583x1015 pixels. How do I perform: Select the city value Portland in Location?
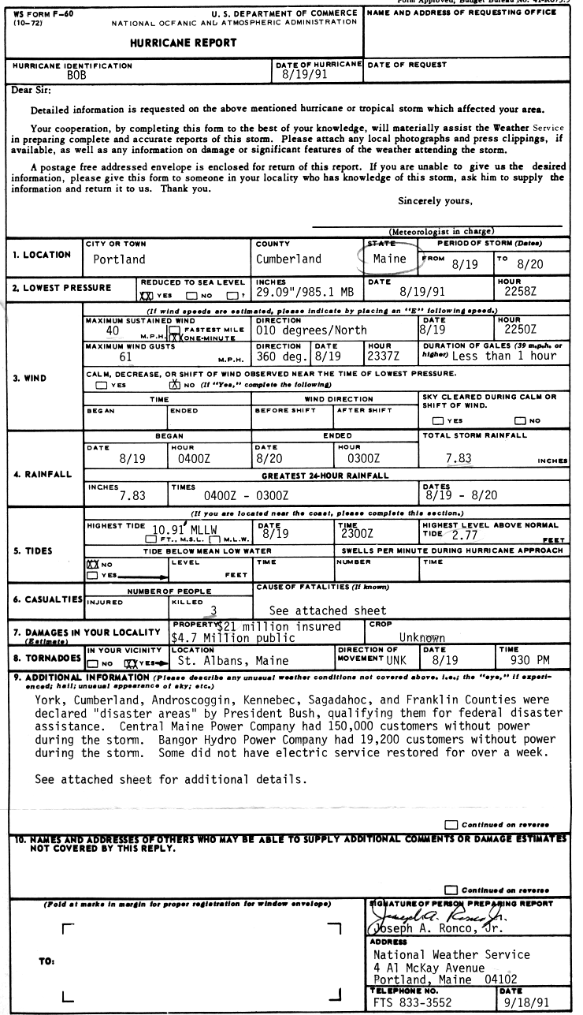[120, 259]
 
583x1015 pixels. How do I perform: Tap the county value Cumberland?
[288, 259]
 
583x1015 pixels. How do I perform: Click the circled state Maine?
[389, 258]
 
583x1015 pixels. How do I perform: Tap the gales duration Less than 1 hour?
[504, 356]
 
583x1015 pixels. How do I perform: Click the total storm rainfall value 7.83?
[458, 457]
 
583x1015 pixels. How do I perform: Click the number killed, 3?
[212, 610]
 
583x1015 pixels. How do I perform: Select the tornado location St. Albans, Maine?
[233, 661]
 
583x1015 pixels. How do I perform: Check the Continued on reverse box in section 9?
[451, 824]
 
